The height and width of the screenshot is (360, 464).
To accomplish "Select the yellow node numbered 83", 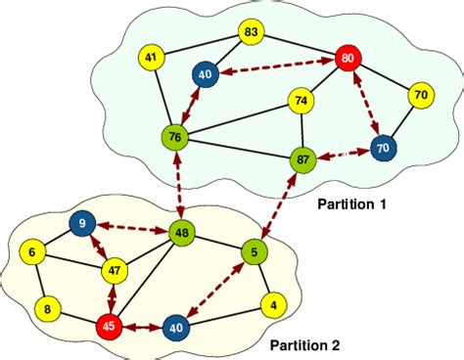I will pyautogui.click(x=252, y=32).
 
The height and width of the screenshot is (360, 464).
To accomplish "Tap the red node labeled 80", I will pyautogui.click(x=348, y=59).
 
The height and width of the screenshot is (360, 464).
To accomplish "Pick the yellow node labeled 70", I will pyautogui.click(x=420, y=96).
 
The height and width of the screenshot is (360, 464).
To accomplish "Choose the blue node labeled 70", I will pyautogui.click(x=384, y=150).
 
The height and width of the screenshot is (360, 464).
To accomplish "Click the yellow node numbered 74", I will pyautogui.click(x=301, y=100).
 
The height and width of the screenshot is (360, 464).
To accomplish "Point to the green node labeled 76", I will pyautogui.click(x=175, y=136).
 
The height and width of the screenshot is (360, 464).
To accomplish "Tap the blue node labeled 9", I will pyautogui.click(x=81, y=226).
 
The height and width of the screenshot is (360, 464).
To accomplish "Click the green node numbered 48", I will pyautogui.click(x=181, y=233).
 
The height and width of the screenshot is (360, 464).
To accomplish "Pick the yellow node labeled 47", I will pyautogui.click(x=115, y=269).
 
